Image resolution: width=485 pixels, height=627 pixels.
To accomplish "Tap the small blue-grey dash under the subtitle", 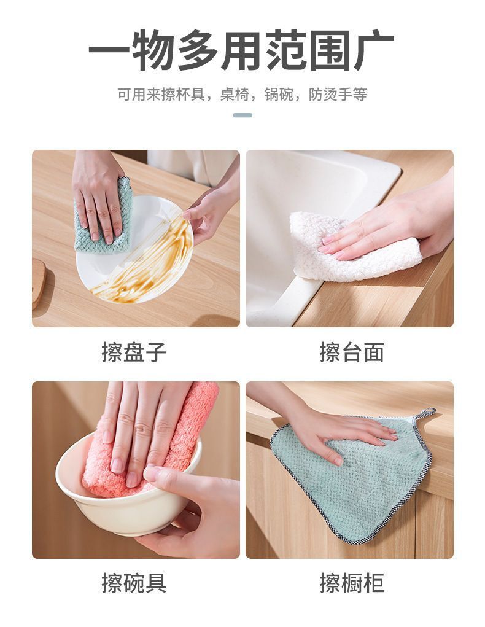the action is coord(243,115).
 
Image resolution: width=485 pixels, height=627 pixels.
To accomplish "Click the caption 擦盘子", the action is coord(134,352).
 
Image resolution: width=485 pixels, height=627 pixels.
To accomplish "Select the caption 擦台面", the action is coord(351,352).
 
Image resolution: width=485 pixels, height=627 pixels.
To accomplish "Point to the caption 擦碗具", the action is coord(134,583).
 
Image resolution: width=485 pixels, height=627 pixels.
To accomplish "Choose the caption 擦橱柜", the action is coord(351,583).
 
